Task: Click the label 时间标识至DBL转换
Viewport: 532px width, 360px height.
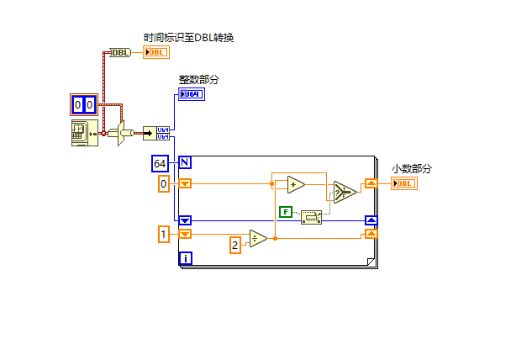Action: coord(188,37)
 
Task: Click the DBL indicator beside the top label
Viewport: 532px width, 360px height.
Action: coord(156,52)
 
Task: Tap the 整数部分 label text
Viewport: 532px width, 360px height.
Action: coord(199,80)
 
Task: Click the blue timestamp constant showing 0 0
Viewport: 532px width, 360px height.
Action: coord(83,105)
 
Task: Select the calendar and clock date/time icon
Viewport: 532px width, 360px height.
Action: coord(84,133)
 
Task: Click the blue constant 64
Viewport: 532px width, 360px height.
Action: coord(161,162)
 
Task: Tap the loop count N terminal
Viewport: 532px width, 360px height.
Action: coord(185,162)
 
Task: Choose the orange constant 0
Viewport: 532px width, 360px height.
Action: coord(165,183)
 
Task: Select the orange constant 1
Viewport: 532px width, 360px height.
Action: coord(165,235)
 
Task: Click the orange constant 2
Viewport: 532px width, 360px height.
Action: coord(236,245)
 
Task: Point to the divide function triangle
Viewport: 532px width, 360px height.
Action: coord(258,239)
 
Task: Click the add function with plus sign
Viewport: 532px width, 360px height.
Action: coord(294,184)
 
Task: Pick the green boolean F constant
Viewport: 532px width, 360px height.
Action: coord(286,213)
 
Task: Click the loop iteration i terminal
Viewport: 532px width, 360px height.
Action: coord(186,258)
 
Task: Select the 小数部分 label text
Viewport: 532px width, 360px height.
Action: coord(412,169)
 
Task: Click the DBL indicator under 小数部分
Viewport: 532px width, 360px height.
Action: coord(403,183)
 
